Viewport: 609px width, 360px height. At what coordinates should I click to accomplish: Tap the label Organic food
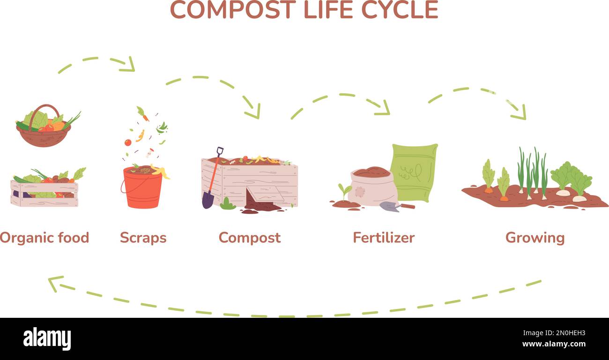click(45, 238)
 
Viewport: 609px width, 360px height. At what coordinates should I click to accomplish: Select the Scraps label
click(143, 238)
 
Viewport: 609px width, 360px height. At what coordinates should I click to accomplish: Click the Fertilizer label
click(384, 238)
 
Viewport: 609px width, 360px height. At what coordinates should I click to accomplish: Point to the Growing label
click(535, 238)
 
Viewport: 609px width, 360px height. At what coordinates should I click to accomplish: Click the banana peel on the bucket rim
click(160, 172)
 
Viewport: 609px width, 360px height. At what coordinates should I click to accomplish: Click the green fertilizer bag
click(414, 171)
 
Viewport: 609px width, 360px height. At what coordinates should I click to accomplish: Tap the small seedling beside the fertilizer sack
click(344, 191)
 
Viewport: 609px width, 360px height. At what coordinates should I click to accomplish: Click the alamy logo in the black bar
click(47, 338)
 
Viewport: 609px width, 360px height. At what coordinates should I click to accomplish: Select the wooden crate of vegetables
click(45, 190)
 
